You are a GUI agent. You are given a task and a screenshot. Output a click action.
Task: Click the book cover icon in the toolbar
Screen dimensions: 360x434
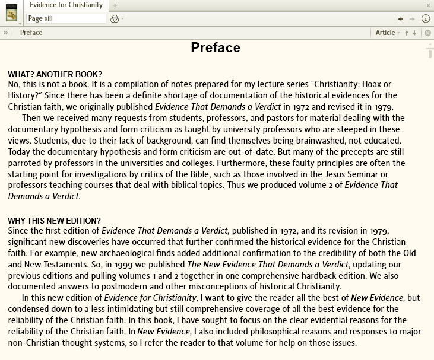tap(11, 13)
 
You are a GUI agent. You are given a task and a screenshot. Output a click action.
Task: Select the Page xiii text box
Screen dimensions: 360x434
tap(65, 18)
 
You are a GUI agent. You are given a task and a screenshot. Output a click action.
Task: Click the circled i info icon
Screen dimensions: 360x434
tap(426, 18)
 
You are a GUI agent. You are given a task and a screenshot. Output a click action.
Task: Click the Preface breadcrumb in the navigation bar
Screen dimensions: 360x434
tap(31, 33)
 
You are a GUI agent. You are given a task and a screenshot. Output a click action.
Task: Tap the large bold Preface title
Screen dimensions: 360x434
tap(216, 48)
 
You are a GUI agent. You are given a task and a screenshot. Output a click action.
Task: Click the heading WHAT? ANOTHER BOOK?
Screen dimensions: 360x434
tap(55, 74)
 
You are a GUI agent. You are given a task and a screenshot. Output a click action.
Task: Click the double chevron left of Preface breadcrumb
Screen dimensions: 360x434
tap(5, 33)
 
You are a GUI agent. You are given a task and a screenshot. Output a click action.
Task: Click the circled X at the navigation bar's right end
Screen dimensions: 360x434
tap(427, 33)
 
